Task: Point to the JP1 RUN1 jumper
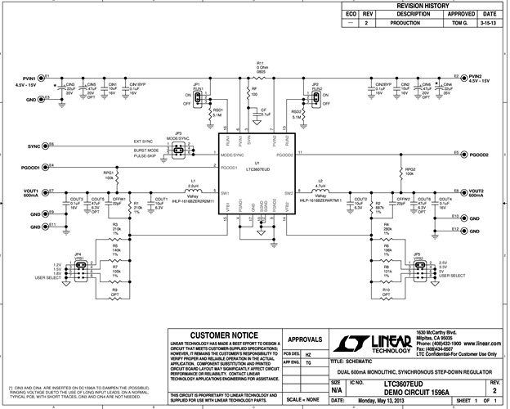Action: tap(197, 93)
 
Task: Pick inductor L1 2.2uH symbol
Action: tap(193, 193)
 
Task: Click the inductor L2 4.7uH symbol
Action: tap(320, 193)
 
